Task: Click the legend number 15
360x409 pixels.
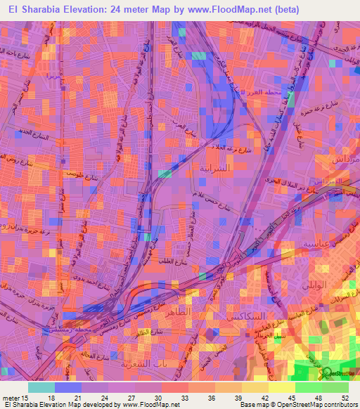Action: pos(27,396)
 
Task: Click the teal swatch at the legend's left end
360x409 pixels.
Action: pos(41,387)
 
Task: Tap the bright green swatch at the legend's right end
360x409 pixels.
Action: pos(335,387)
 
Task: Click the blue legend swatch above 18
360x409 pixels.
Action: pos(68,387)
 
